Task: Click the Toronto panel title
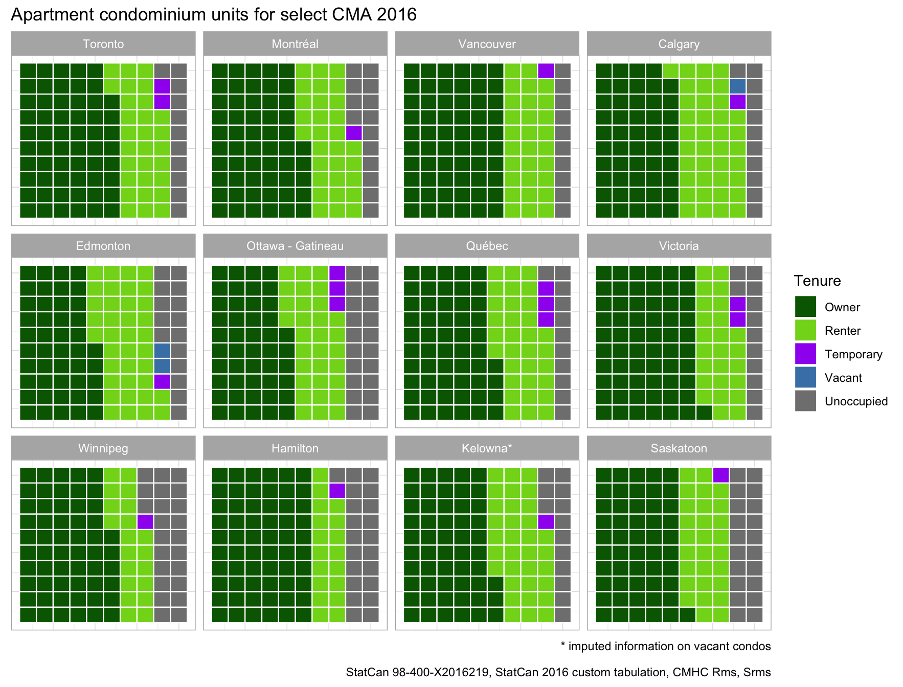click(103, 44)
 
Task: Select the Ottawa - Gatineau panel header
click(295, 246)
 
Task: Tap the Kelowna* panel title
click(487, 448)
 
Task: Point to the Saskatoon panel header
click(679, 448)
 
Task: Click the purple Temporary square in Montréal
click(354, 133)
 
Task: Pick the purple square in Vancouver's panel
click(546, 71)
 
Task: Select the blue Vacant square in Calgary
click(737, 86)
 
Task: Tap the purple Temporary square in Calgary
click(737, 102)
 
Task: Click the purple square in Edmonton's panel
click(162, 381)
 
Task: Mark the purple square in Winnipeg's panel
click(145, 522)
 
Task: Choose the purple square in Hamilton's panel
click(337, 491)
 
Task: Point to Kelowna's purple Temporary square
click(546, 522)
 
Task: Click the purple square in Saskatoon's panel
click(721, 475)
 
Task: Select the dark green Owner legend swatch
click(805, 307)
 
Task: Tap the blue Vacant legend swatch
click(805, 377)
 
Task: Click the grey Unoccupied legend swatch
click(805, 401)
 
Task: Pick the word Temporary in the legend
click(853, 354)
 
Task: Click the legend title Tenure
click(817, 281)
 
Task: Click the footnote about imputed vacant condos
click(665, 646)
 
